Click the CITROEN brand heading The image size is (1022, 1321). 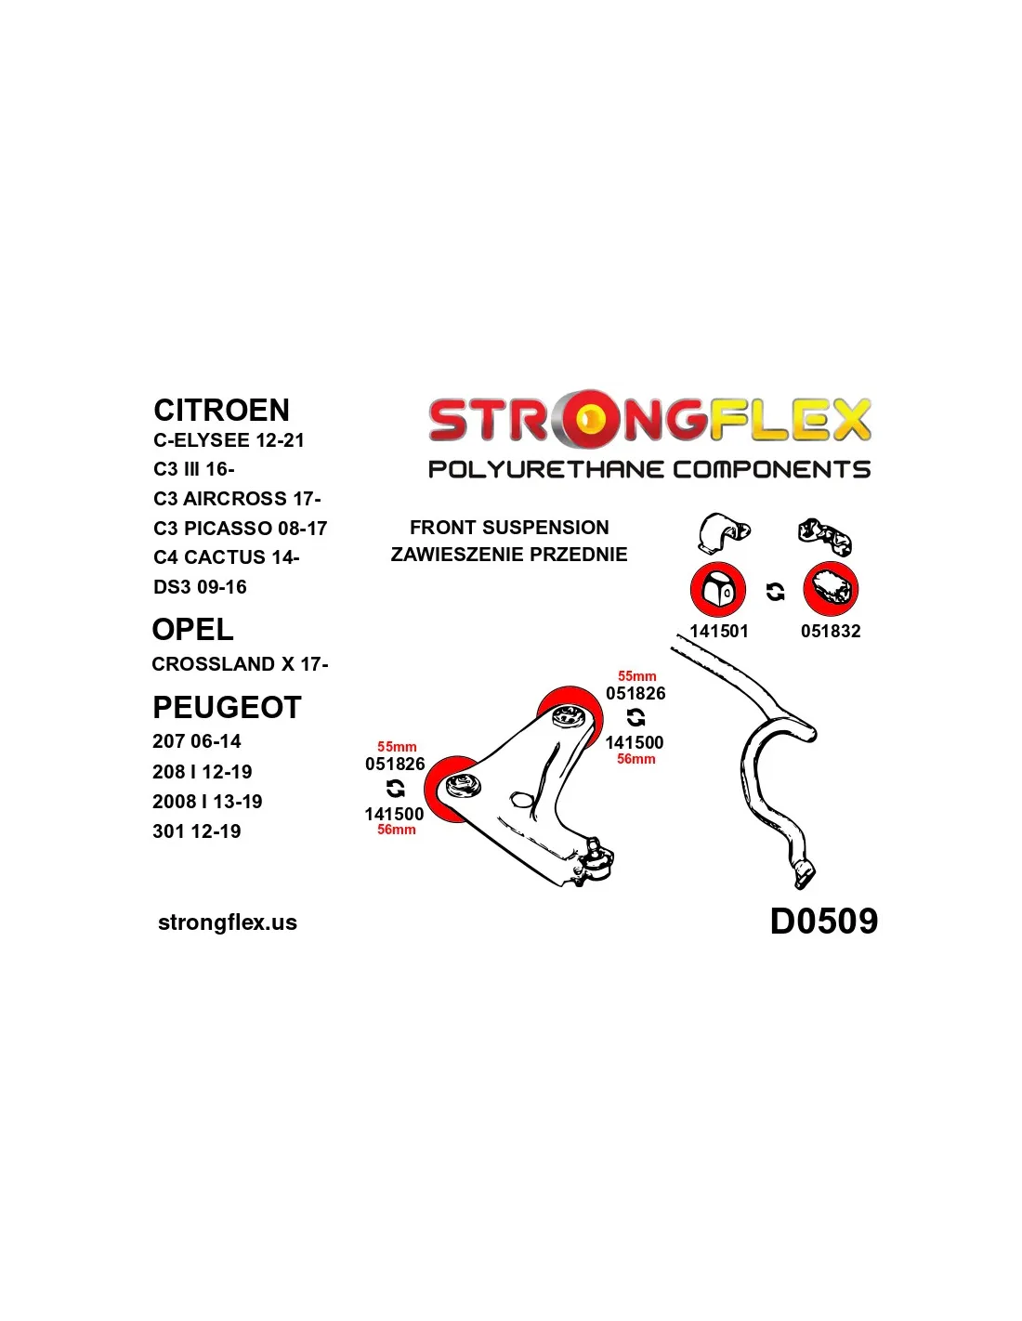coord(221,410)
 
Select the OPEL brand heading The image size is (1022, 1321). coord(192,629)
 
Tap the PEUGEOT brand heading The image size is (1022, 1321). coord(227,707)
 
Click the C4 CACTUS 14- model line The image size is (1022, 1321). coord(226,557)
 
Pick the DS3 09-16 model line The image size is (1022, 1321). coord(200,587)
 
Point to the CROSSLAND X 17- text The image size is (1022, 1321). coord(240,664)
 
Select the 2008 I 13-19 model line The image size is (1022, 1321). coord(207,801)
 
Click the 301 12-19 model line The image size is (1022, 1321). coord(196,831)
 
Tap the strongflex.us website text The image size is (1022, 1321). coord(228,922)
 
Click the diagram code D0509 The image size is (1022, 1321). coord(823,921)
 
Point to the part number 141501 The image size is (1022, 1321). coord(718,631)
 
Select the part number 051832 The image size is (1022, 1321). coord(831,631)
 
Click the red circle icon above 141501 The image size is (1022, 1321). coord(718,589)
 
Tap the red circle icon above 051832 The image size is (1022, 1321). coord(831,589)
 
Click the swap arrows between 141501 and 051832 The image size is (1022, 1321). coord(775,592)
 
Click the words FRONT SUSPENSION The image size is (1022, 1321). coord(509,528)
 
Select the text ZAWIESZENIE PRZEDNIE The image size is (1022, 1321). coord(509,555)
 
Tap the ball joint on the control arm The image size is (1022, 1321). coord(595,860)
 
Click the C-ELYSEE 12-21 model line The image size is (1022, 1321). coord(229,440)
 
